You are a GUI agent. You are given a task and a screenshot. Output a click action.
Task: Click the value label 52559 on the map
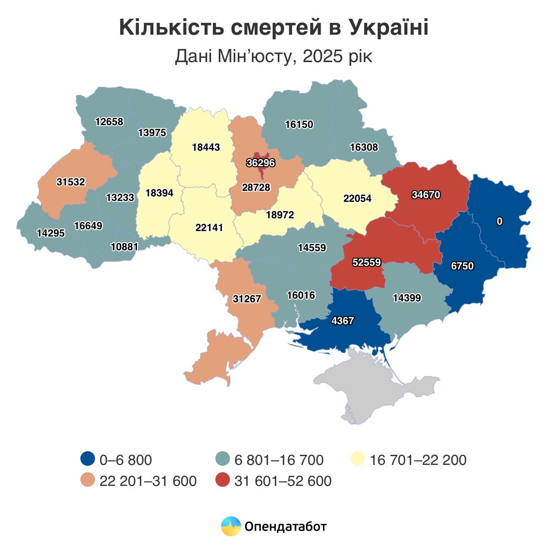[367, 263]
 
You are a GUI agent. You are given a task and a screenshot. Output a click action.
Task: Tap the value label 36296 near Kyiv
[260, 163]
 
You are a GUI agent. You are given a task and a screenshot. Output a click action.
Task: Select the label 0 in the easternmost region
[500, 221]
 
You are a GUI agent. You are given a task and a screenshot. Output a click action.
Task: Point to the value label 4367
[342, 321]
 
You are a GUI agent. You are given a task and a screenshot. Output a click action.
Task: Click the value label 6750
[462, 266]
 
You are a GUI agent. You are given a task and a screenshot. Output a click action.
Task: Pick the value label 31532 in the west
[71, 182]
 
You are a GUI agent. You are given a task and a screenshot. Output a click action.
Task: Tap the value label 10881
[124, 247]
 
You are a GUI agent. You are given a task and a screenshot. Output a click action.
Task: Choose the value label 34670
[426, 195]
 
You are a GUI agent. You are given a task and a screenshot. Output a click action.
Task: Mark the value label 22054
[357, 199]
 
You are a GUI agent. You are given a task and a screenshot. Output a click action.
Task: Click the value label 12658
[109, 121]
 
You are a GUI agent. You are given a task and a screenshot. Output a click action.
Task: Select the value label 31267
[247, 299]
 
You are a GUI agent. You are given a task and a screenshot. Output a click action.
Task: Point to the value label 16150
[299, 124]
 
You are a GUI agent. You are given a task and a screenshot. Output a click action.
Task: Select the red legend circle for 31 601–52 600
[222, 480]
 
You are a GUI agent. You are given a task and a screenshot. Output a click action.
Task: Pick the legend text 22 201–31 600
[148, 481]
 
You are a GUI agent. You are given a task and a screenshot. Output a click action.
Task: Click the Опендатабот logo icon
[231, 527]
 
